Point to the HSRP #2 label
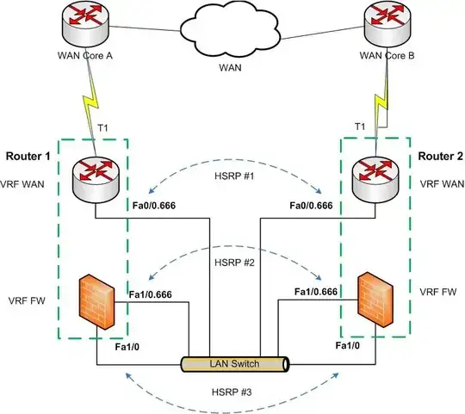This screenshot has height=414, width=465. click(x=233, y=263)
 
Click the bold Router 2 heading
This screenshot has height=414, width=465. click(x=437, y=157)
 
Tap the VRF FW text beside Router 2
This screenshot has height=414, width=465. click(x=436, y=292)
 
